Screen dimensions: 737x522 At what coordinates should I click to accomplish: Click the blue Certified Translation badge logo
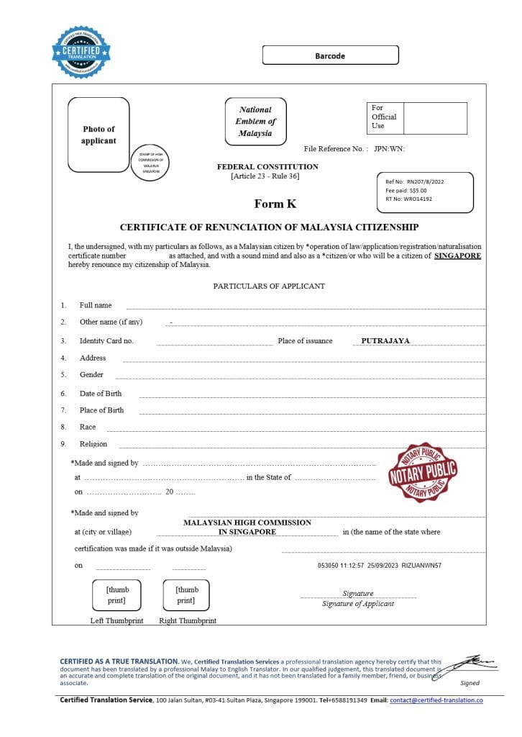click(81, 52)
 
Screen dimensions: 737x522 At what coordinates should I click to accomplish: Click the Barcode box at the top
click(330, 55)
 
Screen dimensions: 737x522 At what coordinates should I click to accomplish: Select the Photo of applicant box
click(99, 135)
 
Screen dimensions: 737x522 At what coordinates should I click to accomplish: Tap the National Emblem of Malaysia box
click(255, 122)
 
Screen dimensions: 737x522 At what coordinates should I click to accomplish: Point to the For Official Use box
click(416, 117)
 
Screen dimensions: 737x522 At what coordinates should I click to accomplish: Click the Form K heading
click(275, 204)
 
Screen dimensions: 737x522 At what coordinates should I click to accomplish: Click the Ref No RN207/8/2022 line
click(415, 182)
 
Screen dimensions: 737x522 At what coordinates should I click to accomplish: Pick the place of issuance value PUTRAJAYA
click(385, 340)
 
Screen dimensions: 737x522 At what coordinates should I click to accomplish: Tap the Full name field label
click(96, 305)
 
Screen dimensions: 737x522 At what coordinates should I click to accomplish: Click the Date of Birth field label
click(101, 394)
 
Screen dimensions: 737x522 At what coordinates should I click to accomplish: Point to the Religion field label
click(93, 444)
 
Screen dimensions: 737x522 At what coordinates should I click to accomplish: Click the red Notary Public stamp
click(423, 472)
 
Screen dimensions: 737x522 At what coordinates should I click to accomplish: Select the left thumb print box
click(117, 594)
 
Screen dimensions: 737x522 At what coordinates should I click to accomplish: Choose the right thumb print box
click(186, 594)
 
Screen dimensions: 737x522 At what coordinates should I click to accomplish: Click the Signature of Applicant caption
click(357, 604)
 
